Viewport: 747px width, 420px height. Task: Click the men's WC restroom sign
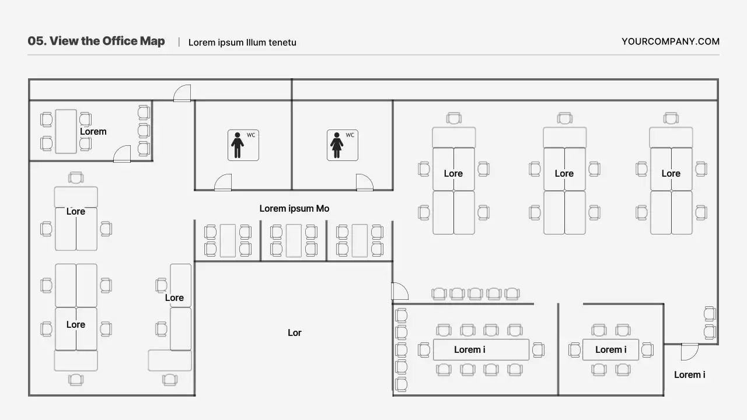[x=243, y=145]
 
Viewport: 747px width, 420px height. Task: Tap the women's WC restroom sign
[x=343, y=145]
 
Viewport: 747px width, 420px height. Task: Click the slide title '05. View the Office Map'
[x=96, y=41]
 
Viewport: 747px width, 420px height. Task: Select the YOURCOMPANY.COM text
[x=670, y=41]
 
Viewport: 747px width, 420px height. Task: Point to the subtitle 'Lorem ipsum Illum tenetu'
[x=242, y=43]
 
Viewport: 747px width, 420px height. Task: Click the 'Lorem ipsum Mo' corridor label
[x=294, y=208]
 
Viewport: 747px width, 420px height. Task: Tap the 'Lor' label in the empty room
[x=295, y=332]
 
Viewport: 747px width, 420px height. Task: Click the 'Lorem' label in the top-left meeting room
[x=93, y=131]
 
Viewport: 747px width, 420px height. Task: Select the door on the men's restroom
[x=223, y=183]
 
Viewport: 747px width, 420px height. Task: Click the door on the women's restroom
[x=364, y=183]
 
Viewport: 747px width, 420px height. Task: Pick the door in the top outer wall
[x=182, y=93]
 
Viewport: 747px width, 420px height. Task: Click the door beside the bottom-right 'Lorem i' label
[x=689, y=352]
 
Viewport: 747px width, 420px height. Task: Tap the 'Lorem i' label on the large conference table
[x=470, y=349]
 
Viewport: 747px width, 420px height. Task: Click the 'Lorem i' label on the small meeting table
[x=610, y=349]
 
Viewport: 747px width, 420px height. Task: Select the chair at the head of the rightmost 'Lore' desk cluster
[x=671, y=118]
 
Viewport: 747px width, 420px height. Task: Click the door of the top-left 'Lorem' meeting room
[x=122, y=154]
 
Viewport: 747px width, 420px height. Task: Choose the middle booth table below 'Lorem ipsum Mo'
[x=294, y=240]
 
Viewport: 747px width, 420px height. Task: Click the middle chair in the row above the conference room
[x=475, y=293]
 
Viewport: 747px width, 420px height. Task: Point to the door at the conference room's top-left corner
[x=399, y=291]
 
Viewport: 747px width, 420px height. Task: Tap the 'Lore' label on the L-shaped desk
[x=174, y=297]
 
